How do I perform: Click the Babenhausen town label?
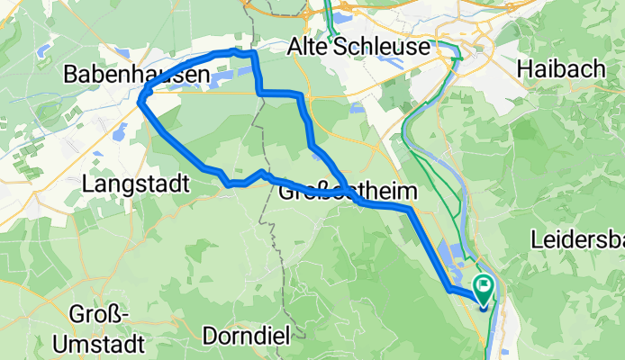[131, 77]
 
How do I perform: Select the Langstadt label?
[135, 184]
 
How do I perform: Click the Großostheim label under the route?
[349, 192]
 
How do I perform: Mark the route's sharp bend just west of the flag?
[448, 290]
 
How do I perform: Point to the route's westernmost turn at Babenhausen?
[140, 101]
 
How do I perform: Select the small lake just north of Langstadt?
[119, 132]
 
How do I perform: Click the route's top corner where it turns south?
[254, 54]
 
